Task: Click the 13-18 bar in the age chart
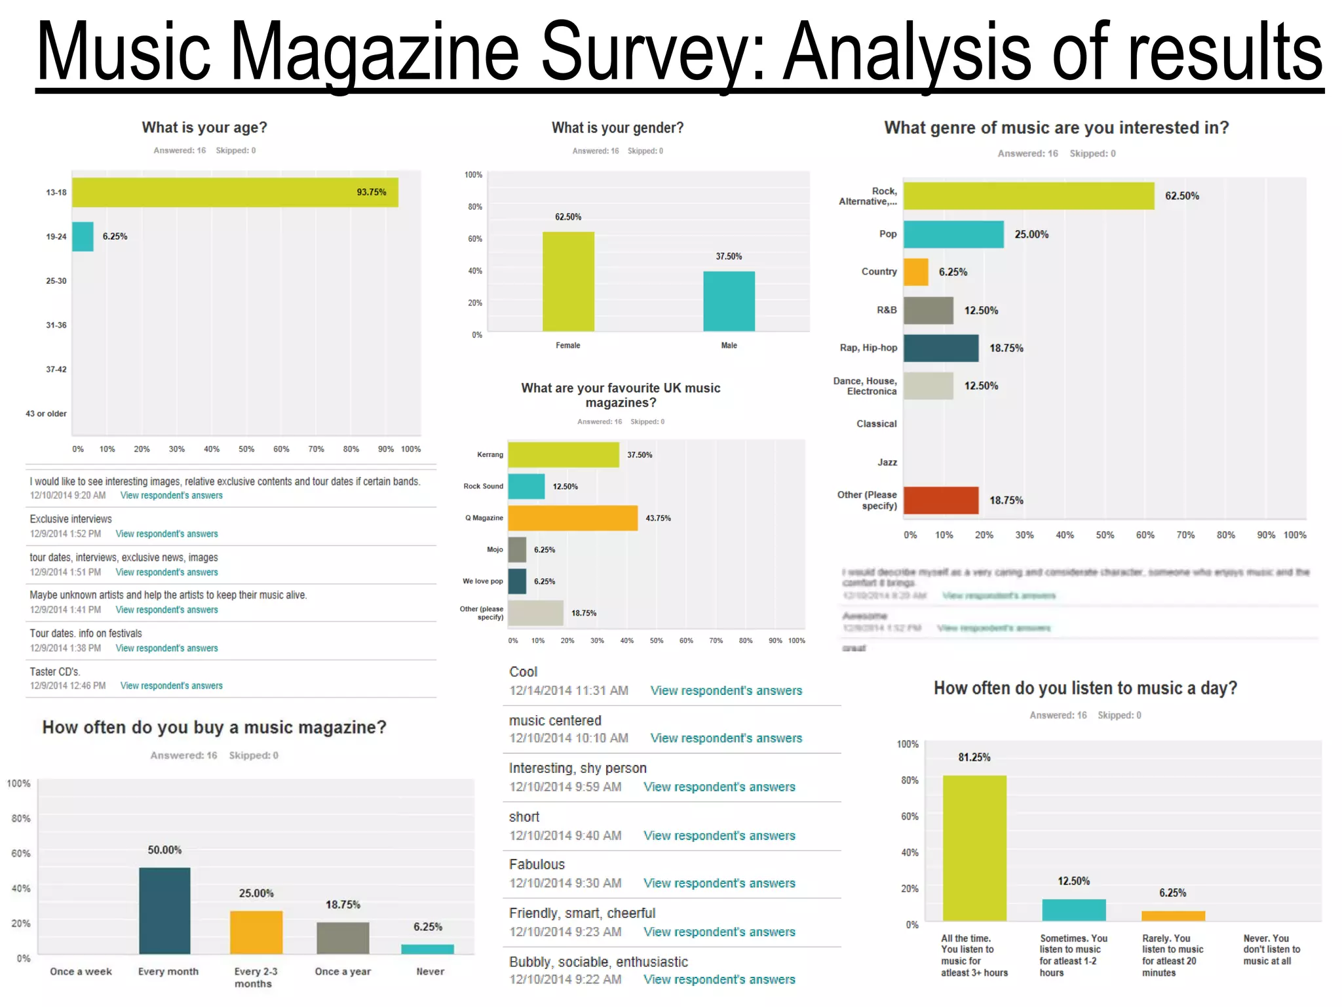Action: (235, 192)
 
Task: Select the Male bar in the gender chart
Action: (729, 301)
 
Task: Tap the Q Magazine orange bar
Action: (572, 518)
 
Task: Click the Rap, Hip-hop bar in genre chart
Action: (940, 348)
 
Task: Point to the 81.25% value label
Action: (974, 757)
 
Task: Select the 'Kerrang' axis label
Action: (490, 454)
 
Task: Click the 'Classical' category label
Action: (876, 424)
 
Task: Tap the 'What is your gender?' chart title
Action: (617, 128)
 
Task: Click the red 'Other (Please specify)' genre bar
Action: (940, 500)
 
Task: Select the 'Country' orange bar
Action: (915, 272)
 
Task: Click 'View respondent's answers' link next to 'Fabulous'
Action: (719, 883)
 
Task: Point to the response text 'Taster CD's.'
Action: (55, 671)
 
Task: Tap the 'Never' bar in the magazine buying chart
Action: (427, 949)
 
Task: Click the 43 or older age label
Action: (46, 414)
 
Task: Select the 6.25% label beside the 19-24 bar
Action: (115, 237)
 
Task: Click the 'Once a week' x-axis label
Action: (81, 972)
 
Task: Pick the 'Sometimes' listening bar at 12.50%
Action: (1073, 910)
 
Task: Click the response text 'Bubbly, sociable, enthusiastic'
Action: (598, 962)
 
